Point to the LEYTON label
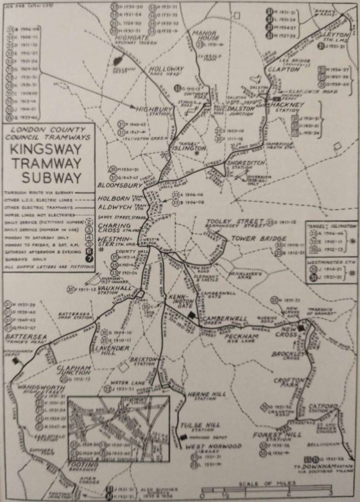click(335, 35)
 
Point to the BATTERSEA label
click(22, 334)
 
